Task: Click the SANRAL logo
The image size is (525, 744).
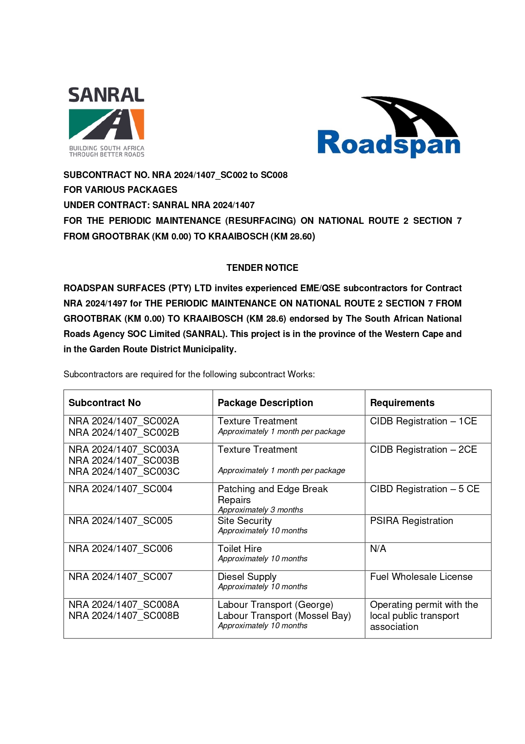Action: click(x=106, y=122)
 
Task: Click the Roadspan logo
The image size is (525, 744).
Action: click(x=389, y=127)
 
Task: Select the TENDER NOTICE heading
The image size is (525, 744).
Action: click(x=262, y=268)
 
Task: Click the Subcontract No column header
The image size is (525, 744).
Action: click(x=105, y=403)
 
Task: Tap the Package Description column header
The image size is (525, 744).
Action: click(x=265, y=403)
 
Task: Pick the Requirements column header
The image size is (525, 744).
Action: click(x=402, y=403)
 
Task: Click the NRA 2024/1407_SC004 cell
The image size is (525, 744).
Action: click(x=120, y=489)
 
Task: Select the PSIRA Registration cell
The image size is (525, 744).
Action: click(x=411, y=521)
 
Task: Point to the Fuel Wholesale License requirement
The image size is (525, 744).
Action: click(x=421, y=577)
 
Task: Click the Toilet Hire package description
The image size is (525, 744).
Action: click(x=240, y=549)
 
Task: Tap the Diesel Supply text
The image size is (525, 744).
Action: click(x=247, y=577)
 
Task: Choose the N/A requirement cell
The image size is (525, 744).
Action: click(x=378, y=549)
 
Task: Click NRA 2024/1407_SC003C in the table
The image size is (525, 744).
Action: click(x=124, y=471)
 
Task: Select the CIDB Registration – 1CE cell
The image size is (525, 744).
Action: click(x=423, y=421)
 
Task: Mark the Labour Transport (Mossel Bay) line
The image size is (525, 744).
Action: click(x=284, y=616)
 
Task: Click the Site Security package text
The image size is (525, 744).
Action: click(x=245, y=521)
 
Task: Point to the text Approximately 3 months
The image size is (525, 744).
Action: click(x=260, y=510)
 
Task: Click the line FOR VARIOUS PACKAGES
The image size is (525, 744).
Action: click(x=120, y=189)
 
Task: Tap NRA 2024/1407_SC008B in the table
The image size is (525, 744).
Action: click(x=124, y=616)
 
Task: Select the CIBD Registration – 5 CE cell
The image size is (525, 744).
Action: click(x=424, y=489)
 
